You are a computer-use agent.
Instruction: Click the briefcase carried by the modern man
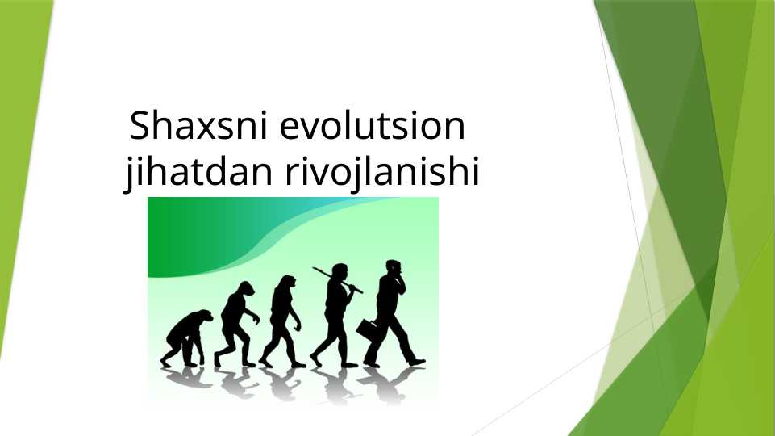click(368, 329)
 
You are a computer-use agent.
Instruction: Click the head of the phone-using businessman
click(393, 266)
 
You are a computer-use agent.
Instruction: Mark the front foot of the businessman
click(416, 362)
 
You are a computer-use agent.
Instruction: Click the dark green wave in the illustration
click(185, 234)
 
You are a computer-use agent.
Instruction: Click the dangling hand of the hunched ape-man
click(256, 320)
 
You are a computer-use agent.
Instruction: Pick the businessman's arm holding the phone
click(399, 283)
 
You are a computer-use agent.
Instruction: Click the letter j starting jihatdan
click(130, 174)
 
